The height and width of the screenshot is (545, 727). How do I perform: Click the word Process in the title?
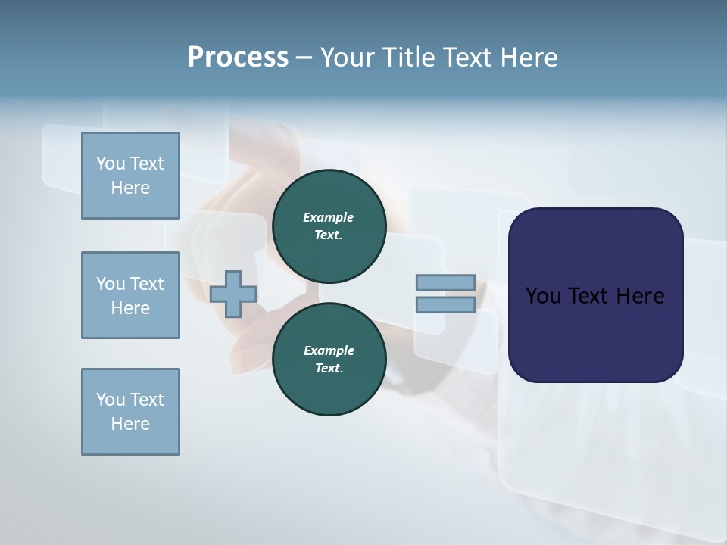(x=238, y=58)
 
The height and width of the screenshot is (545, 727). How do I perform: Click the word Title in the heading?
(x=407, y=58)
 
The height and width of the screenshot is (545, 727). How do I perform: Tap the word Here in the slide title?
(x=527, y=58)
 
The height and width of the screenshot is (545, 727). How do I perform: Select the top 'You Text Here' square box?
(x=130, y=176)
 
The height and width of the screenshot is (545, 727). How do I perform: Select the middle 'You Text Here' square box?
(x=130, y=295)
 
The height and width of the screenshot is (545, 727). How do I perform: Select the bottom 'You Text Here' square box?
(x=130, y=412)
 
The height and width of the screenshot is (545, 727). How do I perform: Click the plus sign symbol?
(x=233, y=294)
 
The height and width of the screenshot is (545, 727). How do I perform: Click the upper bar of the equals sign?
(x=445, y=283)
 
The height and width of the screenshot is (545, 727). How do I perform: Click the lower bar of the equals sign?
(x=445, y=304)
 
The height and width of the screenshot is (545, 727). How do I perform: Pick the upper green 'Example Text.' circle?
(x=329, y=226)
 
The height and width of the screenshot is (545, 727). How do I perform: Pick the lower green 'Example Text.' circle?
(x=329, y=360)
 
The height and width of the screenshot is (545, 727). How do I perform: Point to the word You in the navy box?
(x=542, y=296)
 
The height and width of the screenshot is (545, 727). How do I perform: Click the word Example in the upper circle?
(x=329, y=217)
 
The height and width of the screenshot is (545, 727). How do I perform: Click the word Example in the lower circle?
(x=329, y=350)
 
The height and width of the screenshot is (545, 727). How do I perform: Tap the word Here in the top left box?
(x=130, y=188)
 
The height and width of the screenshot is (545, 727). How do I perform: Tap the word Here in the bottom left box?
(x=130, y=424)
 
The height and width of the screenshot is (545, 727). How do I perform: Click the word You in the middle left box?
(x=111, y=284)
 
